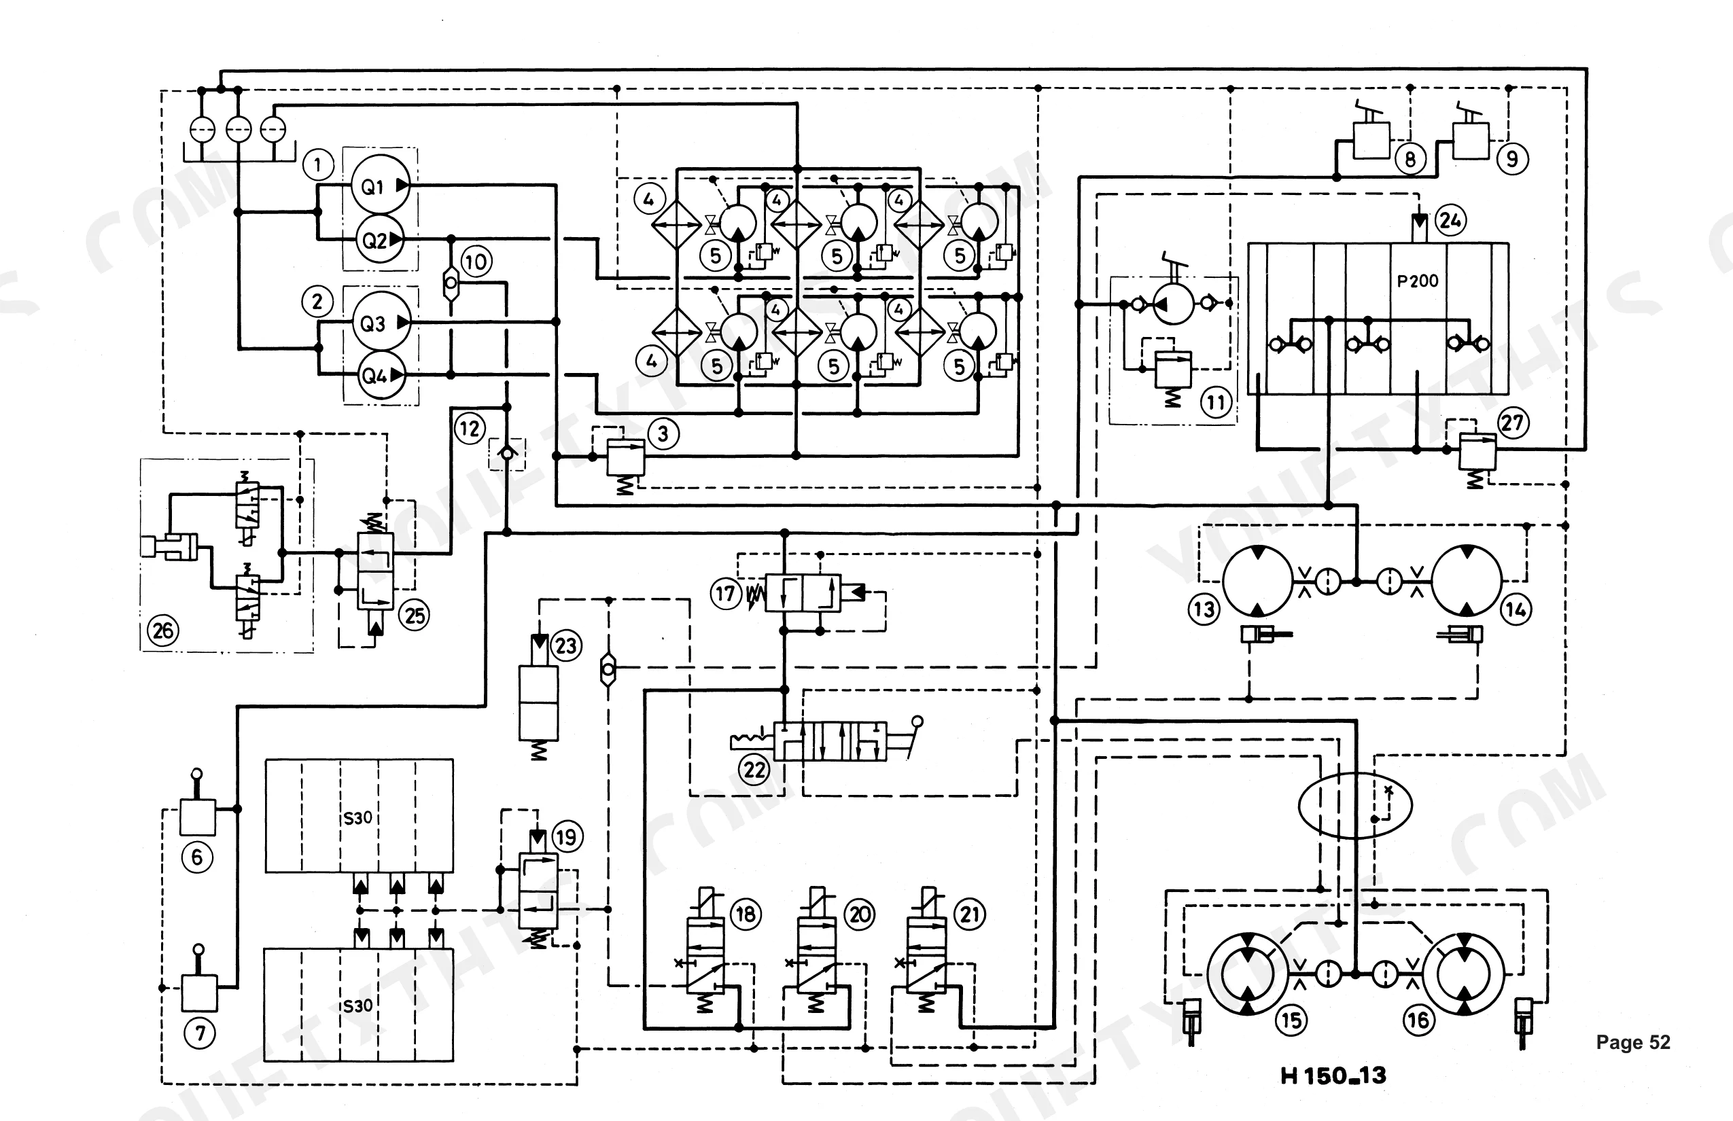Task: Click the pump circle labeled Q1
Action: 380,185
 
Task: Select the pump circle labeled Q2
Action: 380,238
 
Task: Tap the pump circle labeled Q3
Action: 380,322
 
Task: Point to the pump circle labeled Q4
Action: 380,375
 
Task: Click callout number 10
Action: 476,262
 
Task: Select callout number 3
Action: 663,434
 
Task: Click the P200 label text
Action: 1417,281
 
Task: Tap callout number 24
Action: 1450,220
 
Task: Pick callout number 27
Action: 1512,422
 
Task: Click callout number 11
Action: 1216,402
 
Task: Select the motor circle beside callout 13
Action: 1257,581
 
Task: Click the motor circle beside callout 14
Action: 1467,581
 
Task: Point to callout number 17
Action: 725,593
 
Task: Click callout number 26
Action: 163,630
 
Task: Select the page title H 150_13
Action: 1333,1075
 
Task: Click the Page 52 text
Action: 1632,1042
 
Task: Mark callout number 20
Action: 860,914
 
